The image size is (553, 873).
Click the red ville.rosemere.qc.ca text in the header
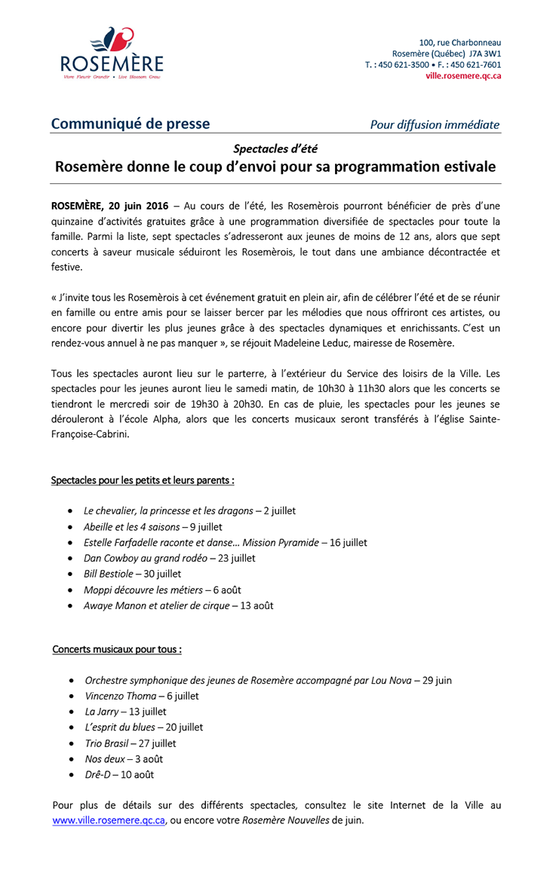coord(463,75)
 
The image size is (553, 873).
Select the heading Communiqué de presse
coord(130,124)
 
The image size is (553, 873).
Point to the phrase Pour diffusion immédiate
coord(435,125)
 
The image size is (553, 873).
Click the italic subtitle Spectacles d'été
coord(275,149)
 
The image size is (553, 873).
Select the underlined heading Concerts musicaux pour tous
coord(117,649)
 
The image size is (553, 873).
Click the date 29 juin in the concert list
coord(437,680)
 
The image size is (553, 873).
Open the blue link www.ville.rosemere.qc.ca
coord(109,820)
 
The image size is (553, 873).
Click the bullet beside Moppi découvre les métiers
coord(70,590)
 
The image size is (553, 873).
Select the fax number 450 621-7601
coord(476,65)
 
